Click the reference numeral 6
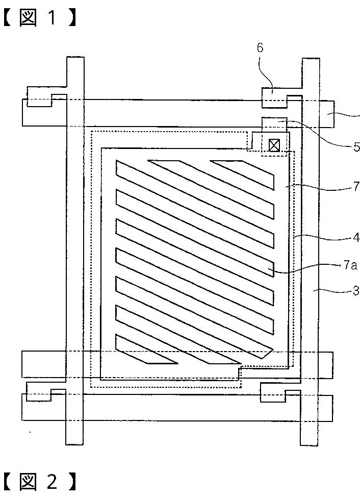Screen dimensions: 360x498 coord(260,48)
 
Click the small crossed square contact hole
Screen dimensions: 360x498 coord(274,145)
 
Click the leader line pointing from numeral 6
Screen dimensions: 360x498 coord(265,71)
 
